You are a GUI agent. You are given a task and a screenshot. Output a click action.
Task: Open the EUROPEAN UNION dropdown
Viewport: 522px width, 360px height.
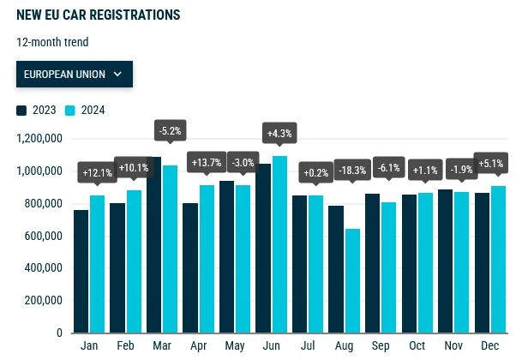(x=75, y=75)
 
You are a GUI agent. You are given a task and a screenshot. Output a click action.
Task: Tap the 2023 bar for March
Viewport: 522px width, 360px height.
(x=154, y=245)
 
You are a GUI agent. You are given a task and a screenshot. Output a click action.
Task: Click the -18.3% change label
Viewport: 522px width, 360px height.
(x=351, y=171)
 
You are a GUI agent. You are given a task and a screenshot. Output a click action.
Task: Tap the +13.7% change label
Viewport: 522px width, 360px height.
(x=206, y=162)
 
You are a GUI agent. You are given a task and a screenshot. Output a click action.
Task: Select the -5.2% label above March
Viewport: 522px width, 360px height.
(x=170, y=131)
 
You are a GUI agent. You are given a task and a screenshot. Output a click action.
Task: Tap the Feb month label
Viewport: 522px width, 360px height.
(x=125, y=346)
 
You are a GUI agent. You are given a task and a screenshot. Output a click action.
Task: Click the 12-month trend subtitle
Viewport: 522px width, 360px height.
(x=52, y=42)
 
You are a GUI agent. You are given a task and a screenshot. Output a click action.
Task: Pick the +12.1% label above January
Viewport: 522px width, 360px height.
(x=96, y=173)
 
